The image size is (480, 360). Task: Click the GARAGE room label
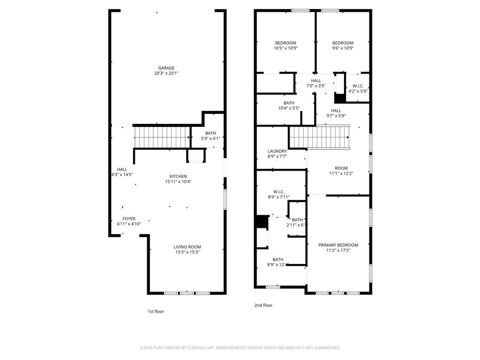[166, 68]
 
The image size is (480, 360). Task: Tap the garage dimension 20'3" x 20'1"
[166, 74]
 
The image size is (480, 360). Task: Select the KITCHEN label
[178, 176]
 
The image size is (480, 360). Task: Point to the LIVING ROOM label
[187, 247]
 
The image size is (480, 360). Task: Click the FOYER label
[129, 219]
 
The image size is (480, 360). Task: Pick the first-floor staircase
[162, 137]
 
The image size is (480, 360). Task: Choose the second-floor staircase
[319, 137]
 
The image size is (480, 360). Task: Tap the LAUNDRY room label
[277, 151]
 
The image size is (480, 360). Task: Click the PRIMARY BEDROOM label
[338, 245]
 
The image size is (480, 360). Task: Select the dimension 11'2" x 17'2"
[338, 251]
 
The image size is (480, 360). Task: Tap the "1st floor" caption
[156, 311]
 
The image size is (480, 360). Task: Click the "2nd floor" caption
[263, 305]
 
